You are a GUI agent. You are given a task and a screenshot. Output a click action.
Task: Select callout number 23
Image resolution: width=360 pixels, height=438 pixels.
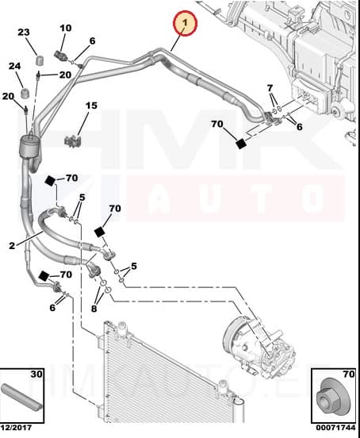pos(23,33)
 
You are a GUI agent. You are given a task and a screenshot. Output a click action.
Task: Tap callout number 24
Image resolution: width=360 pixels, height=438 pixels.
pos(15,67)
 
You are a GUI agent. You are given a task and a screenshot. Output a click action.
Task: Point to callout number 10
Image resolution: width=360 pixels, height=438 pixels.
pos(65,29)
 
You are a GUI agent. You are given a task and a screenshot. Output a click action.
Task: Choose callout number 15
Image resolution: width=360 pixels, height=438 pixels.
pos(91,106)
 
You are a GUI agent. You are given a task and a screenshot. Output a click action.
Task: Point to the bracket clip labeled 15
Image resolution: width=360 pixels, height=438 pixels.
pos(72,140)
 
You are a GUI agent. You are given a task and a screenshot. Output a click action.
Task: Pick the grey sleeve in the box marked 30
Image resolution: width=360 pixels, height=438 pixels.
pos(22,398)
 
